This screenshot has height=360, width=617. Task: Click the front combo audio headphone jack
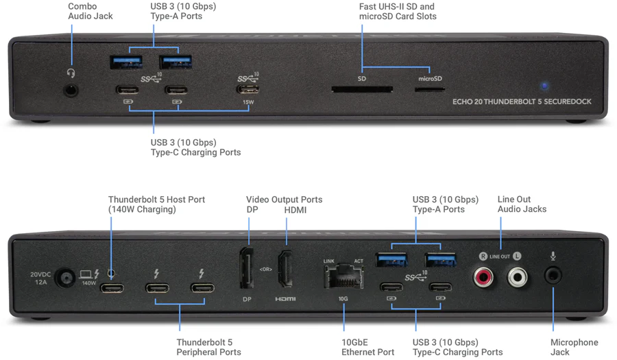70,88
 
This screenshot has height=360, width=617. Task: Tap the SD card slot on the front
362,89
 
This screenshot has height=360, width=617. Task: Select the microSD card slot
431,89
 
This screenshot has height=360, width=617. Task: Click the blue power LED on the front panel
544,86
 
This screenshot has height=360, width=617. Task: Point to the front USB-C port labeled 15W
247,89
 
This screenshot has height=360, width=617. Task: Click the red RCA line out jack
484,277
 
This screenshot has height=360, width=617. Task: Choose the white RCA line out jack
518,277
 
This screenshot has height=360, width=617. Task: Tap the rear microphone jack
553,276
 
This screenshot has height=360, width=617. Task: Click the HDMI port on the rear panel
286,270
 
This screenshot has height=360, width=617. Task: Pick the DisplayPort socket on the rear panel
246,270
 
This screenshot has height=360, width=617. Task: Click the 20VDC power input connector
66,278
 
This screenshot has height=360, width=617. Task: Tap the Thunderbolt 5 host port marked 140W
112,287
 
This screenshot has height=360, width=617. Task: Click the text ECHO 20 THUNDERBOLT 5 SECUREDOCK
522,101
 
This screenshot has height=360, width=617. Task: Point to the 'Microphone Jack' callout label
574,347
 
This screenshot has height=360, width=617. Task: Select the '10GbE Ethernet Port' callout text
368,347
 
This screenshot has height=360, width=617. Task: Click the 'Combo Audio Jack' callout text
90,11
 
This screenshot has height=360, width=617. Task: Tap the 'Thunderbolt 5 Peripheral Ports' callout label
208,347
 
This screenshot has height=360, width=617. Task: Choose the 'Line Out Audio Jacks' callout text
522,204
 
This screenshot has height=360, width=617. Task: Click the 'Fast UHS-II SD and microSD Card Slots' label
398,11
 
